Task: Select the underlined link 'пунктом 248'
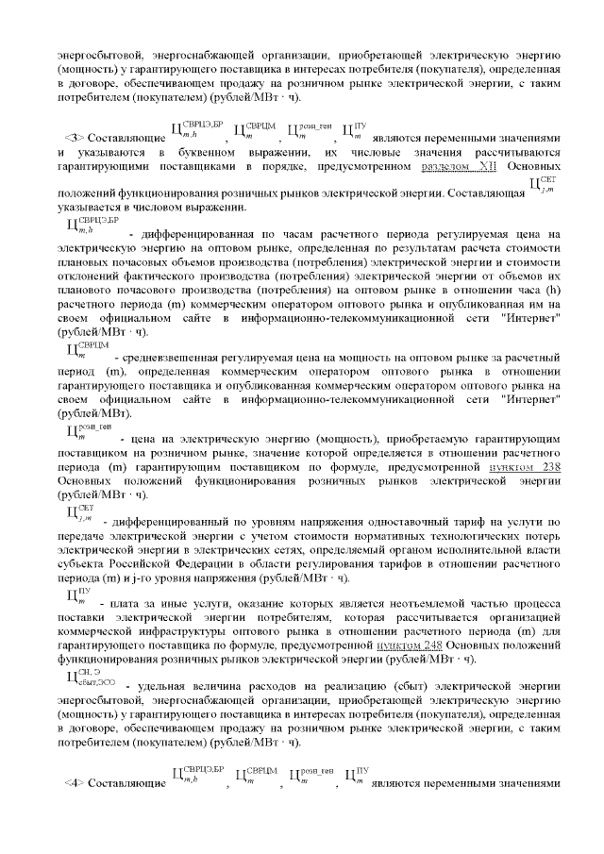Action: pyautogui.click(x=408, y=645)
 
